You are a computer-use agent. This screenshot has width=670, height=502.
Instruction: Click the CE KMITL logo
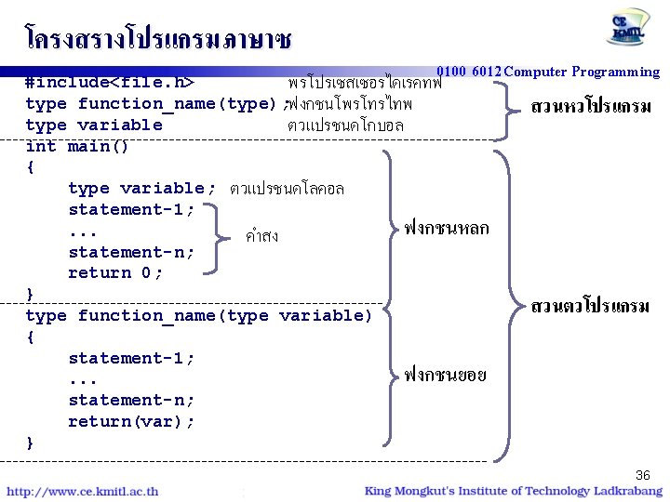point(630,28)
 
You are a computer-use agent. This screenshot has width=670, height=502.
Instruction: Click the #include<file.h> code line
point(110,81)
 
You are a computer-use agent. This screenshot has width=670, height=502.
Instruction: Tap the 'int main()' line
point(77,146)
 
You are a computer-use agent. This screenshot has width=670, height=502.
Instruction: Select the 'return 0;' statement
point(115,272)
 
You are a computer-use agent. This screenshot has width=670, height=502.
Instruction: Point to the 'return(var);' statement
point(131,421)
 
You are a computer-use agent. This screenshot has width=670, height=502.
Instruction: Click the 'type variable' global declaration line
point(94,125)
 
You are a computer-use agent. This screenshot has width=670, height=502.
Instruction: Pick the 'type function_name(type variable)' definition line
point(198,315)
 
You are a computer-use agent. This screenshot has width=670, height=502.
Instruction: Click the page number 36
point(642,473)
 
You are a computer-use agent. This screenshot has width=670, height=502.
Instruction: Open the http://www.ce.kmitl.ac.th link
point(83,491)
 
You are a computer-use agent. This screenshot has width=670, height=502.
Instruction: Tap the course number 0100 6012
point(468,72)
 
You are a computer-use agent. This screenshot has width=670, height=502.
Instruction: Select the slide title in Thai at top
point(158,38)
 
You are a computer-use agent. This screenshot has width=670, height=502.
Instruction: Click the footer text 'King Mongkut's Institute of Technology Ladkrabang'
point(513,491)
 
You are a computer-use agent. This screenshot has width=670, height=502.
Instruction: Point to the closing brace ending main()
point(30,294)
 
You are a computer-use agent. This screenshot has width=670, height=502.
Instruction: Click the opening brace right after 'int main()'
point(30,167)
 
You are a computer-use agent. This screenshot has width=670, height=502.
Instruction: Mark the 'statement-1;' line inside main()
point(131,209)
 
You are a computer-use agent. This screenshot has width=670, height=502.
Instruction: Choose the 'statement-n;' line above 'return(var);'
point(131,400)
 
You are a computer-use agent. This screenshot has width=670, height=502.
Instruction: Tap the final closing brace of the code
point(30,443)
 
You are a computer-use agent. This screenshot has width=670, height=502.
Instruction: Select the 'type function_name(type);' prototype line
point(155,103)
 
